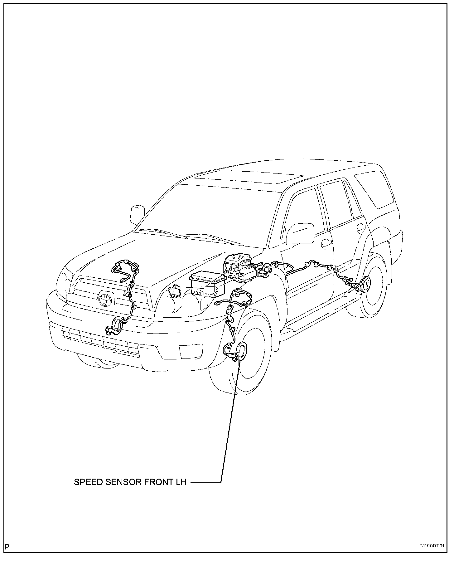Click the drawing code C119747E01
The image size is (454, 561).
click(x=432, y=546)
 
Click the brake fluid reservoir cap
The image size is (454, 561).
click(x=236, y=257)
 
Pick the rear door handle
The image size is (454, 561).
click(x=361, y=227)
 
